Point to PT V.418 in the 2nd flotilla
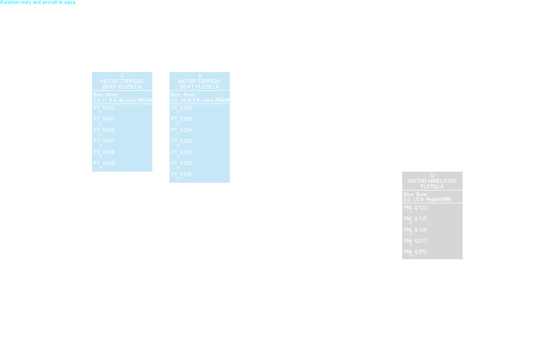tap(104, 152)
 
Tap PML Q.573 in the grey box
tap(416, 251)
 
